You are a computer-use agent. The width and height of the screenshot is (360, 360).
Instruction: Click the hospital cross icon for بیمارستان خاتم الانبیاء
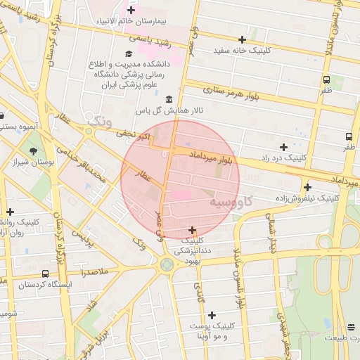click(131, 11)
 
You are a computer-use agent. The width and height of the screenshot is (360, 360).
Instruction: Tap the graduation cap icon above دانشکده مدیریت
click(129, 54)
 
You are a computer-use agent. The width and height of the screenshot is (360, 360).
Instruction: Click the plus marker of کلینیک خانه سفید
click(243, 39)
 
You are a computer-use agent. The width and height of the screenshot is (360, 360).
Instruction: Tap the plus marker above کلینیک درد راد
click(283, 147)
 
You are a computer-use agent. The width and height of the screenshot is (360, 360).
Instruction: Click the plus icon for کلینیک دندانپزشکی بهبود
click(192, 230)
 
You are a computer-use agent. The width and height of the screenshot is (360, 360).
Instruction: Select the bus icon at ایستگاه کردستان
click(45, 274)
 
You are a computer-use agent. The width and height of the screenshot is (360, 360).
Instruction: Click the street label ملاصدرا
click(94, 271)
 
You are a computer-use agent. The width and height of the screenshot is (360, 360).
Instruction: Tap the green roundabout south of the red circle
click(167, 264)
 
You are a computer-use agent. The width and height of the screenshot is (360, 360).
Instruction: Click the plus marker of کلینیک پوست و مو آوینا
click(212, 314)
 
